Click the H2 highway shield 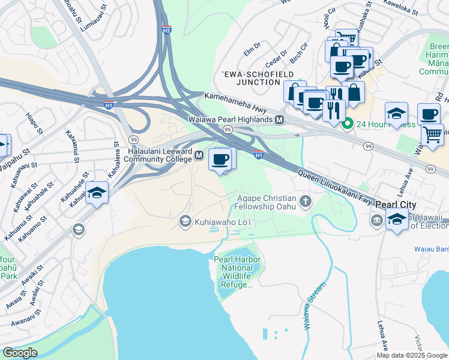pyautogui.click(x=166, y=30)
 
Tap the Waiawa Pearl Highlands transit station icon pyautogui.click(x=280, y=120)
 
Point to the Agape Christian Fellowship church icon pyautogui.click(x=306, y=200)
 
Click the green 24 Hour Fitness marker pyautogui.click(x=347, y=125)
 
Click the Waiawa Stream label pyautogui.click(x=314, y=306)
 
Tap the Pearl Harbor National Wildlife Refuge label pyautogui.click(x=232, y=271)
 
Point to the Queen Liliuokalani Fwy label pyautogui.click(x=335, y=185)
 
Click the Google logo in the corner pyautogui.click(x=20, y=352)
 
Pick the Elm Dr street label pyautogui.click(x=252, y=46)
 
